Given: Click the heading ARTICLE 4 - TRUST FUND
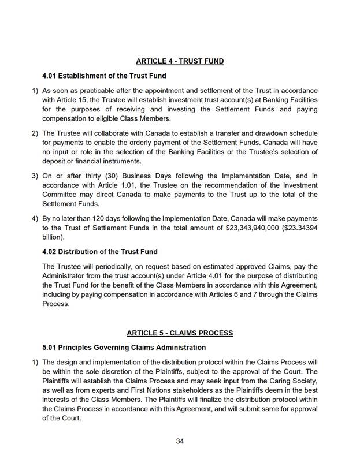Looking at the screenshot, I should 180,61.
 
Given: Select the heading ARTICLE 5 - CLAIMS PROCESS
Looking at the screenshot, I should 180,333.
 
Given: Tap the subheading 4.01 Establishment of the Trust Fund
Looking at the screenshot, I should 104,76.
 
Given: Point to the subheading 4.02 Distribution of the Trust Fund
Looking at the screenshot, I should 100,252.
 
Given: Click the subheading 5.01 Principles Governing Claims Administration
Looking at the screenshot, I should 124,348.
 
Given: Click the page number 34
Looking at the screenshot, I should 180,442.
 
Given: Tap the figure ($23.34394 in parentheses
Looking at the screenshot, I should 296,227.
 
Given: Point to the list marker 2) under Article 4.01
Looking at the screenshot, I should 35,133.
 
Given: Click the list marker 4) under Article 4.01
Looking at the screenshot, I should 35,218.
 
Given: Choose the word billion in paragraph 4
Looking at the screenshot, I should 54,237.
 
